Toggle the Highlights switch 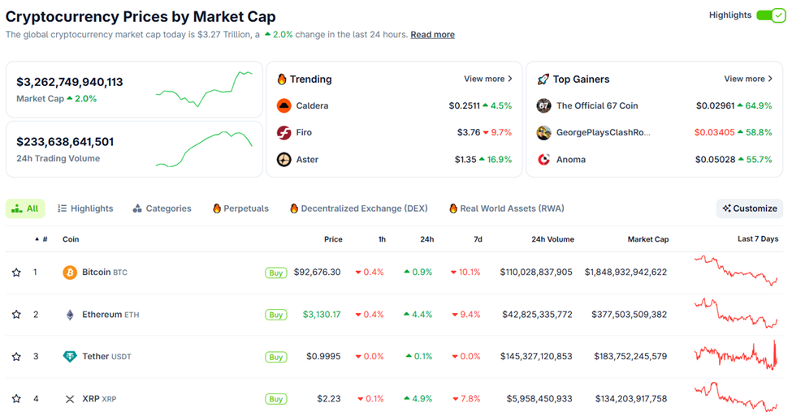[x=770, y=15]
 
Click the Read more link [x=432, y=35]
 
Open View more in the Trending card [x=487, y=79]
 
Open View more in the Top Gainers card [x=748, y=79]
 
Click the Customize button [x=750, y=208]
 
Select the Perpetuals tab [x=240, y=208]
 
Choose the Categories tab [x=162, y=208]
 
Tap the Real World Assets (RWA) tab [x=506, y=208]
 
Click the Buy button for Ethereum [x=276, y=315]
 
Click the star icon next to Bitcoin [x=16, y=273]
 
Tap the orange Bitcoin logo [x=70, y=273]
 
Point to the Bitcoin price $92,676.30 [x=317, y=273]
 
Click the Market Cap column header [x=647, y=239]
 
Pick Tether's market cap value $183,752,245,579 [x=625, y=357]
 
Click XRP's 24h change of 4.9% [x=418, y=399]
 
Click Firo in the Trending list [x=304, y=132]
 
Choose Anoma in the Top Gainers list [x=570, y=160]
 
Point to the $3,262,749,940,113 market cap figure [x=70, y=82]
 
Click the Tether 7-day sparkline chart [x=736, y=356]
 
